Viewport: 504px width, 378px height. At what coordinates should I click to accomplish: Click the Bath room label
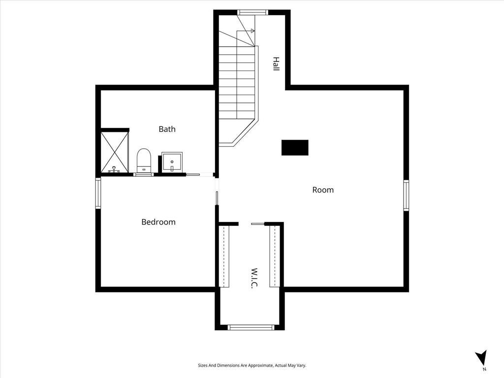point(167,129)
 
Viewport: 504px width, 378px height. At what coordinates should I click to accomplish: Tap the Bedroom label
point(158,222)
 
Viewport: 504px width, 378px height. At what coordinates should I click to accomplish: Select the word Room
point(323,190)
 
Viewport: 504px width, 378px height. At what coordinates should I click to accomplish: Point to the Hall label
point(276,64)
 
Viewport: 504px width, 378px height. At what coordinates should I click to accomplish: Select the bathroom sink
point(172,162)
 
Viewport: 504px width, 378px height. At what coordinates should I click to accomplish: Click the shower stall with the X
point(114,153)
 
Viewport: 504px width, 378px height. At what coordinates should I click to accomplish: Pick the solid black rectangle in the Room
point(295,148)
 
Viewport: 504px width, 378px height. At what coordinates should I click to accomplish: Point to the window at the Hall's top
point(252,12)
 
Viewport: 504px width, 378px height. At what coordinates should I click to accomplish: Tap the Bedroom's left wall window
point(98,193)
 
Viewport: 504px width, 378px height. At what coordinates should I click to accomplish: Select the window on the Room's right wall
point(406,195)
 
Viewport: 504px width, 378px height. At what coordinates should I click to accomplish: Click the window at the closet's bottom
point(251,327)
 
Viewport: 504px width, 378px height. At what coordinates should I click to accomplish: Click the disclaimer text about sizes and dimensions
point(252,366)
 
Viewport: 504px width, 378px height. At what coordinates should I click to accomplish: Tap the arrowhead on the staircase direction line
point(253,31)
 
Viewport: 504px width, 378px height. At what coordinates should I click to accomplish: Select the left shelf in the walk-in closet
point(224,256)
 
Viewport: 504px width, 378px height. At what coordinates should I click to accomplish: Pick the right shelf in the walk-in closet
point(275,256)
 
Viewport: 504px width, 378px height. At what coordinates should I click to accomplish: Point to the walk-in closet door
point(257,224)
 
